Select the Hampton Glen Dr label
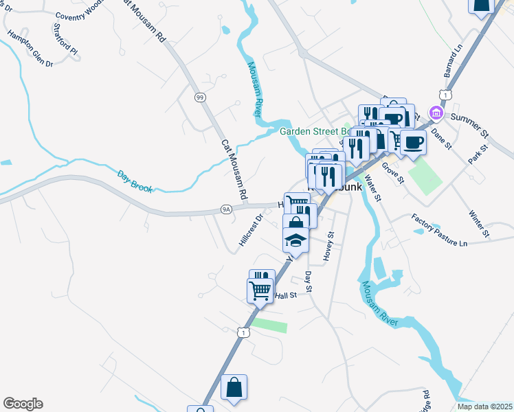pyautogui.click(x=30, y=49)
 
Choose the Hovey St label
pyautogui.click(x=329, y=246)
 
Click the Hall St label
pyautogui.click(x=285, y=295)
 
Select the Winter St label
pyautogui.click(x=478, y=223)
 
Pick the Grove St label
pyautogui.click(x=392, y=173)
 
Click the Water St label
pyautogui.click(x=375, y=187)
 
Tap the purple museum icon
pyautogui.click(x=435, y=113)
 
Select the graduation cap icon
pyautogui.click(x=294, y=240)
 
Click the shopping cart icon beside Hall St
pyautogui.click(x=260, y=290)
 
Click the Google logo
pyautogui.click(x=23, y=404)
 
